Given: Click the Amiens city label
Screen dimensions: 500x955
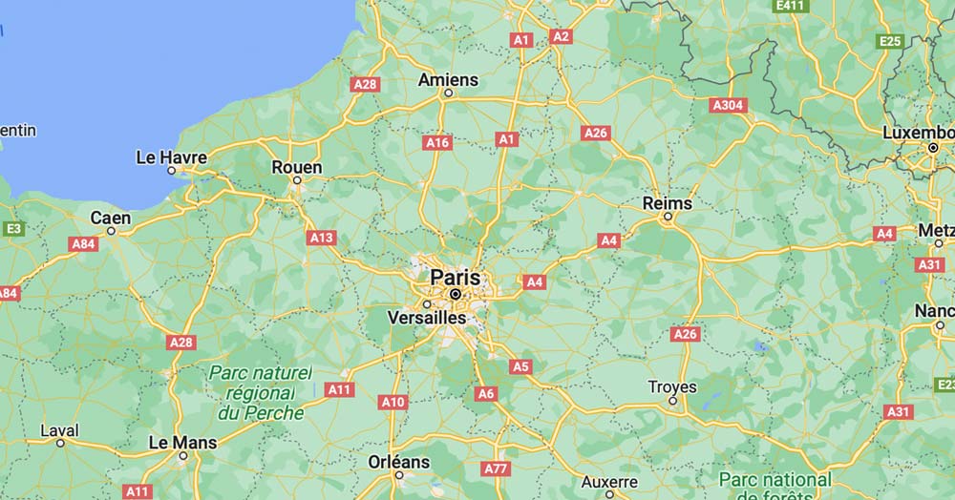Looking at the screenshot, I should (x=448, y=79).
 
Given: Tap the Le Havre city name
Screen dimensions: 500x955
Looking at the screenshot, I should (x=172, y=156).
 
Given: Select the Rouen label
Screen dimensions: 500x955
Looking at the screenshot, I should (x=297, y=167).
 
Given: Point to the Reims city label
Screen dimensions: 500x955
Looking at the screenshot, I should (x=668, y=202).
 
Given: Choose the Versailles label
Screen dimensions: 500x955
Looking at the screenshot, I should (x=427, y=317).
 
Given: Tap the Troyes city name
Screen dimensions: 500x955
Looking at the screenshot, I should (x=672, y=387).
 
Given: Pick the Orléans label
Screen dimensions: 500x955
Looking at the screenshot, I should (x=399, y=462).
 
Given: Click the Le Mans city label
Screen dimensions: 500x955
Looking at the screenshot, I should (x=183, y=443).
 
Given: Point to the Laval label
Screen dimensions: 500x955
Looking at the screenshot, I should (x=59, y=430).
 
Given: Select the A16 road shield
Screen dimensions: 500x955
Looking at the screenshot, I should (x=437, y=142).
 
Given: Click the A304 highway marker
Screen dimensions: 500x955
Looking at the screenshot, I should (x=729, y=105).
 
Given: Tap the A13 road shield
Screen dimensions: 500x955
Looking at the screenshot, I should (x=321, y=237).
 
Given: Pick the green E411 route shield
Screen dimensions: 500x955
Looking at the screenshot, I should (x=791, y=6).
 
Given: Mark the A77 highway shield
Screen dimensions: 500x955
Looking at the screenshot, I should (x=496, y=469).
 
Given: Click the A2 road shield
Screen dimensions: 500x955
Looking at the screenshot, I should (x=561, y=36).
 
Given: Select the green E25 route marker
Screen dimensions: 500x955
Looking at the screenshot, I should (x=890, y=40).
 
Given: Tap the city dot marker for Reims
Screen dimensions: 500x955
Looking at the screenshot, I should (x=668, y=217).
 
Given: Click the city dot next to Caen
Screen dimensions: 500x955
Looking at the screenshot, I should (x=112, y=231).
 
